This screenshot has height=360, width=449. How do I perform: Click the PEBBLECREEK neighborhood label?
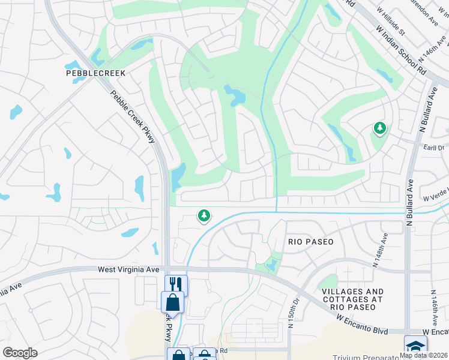click(95, 73)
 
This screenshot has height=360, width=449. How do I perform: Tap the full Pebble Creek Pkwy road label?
click(133, 116)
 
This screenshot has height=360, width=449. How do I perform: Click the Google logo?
click(20, 353)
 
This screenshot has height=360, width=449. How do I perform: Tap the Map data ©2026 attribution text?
click(423, 355)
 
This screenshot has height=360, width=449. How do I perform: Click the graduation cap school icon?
click(415, 346)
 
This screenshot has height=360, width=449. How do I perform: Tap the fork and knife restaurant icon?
click(176, 284)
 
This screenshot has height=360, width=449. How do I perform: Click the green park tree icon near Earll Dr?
click(379, 128)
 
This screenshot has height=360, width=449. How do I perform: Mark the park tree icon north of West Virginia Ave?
click(204, 215)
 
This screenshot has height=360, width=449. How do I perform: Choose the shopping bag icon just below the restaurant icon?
click(172, 301)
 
